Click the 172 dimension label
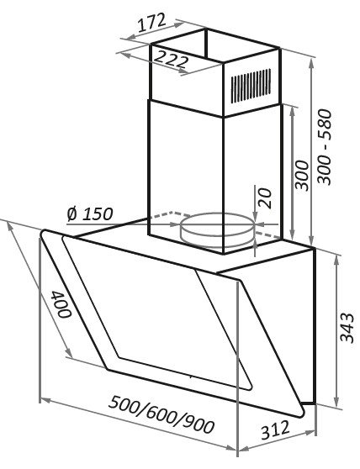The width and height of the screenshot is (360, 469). (151, 23)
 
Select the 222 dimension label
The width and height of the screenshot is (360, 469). (172, 59)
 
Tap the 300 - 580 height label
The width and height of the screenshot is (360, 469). (326, 147)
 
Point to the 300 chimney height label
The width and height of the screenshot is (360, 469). (302, 175)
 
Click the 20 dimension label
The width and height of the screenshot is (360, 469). (265, 198)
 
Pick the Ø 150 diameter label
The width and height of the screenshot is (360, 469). (90, 213)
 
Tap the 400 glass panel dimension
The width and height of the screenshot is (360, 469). (61, 304)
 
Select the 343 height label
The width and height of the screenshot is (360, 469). (347, 328)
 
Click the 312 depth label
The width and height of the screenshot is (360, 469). (275, 430)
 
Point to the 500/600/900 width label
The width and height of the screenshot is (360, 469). (161, 414)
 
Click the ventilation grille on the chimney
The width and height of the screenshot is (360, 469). (251, 86)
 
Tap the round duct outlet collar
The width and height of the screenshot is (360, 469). (218, 229)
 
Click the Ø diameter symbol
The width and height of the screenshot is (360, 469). (72, 213)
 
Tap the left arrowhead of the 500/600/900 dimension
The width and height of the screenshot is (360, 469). (45, 400)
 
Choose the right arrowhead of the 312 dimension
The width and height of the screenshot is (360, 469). (310, 433)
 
